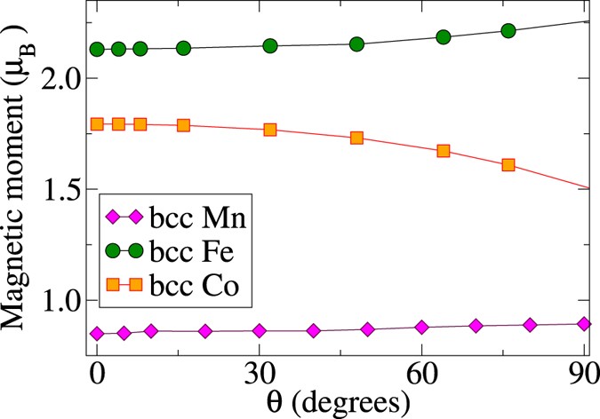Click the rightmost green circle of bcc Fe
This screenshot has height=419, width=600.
508,31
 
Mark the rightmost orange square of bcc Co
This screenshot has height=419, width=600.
508,164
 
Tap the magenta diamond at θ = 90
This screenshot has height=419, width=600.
584,324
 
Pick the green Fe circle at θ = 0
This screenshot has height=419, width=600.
98,49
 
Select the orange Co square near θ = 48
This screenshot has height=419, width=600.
357,138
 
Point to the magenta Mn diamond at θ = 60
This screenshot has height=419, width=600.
422,328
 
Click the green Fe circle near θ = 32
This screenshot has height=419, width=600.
270,46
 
